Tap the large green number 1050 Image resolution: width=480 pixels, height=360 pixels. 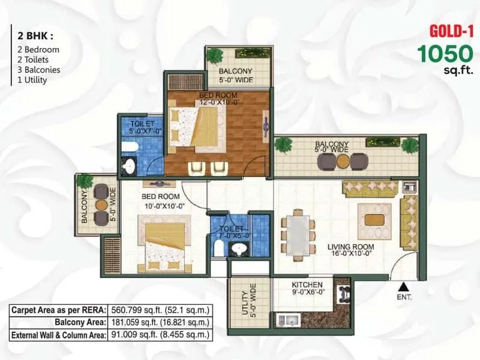445,55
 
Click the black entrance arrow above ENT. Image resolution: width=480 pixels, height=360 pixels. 404,286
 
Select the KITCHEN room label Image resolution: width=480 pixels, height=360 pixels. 307,284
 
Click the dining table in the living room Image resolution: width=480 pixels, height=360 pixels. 298,232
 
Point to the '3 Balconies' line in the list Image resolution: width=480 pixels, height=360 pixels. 35,70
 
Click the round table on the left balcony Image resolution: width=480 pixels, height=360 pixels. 101,205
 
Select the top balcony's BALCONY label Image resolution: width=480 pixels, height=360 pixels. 236,71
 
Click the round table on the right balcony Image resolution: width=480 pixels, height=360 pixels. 343,161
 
